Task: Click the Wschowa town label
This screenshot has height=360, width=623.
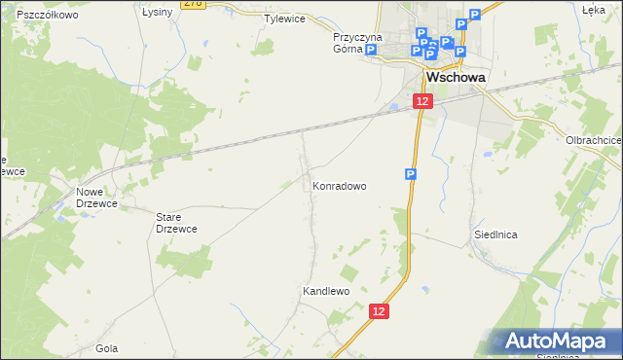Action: tap(456, 78)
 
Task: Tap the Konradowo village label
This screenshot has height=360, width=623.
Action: tap(339, 185)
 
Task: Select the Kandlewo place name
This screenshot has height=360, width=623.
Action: tap(325, 291)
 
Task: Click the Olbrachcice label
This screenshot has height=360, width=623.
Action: tap(593, 140)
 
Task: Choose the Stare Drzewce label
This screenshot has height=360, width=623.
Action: tap(177, 222)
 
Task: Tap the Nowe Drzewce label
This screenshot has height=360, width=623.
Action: tap(95, 198)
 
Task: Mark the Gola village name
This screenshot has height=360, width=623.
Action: tap(107, 347)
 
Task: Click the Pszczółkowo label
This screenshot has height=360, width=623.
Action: tap(47, 16)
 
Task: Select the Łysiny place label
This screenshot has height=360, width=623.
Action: tap(157, 12)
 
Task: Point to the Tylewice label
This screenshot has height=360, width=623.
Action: tap(284, 18)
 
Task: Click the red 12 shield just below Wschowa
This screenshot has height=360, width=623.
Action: tap(421, 101)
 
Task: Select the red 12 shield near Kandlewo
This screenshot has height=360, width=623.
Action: tap(380, 310)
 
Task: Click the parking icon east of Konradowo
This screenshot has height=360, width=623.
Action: tap(411, 174)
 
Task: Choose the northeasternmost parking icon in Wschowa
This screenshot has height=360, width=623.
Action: tap(474, 15)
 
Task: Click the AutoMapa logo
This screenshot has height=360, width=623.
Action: tap(561, 341)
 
